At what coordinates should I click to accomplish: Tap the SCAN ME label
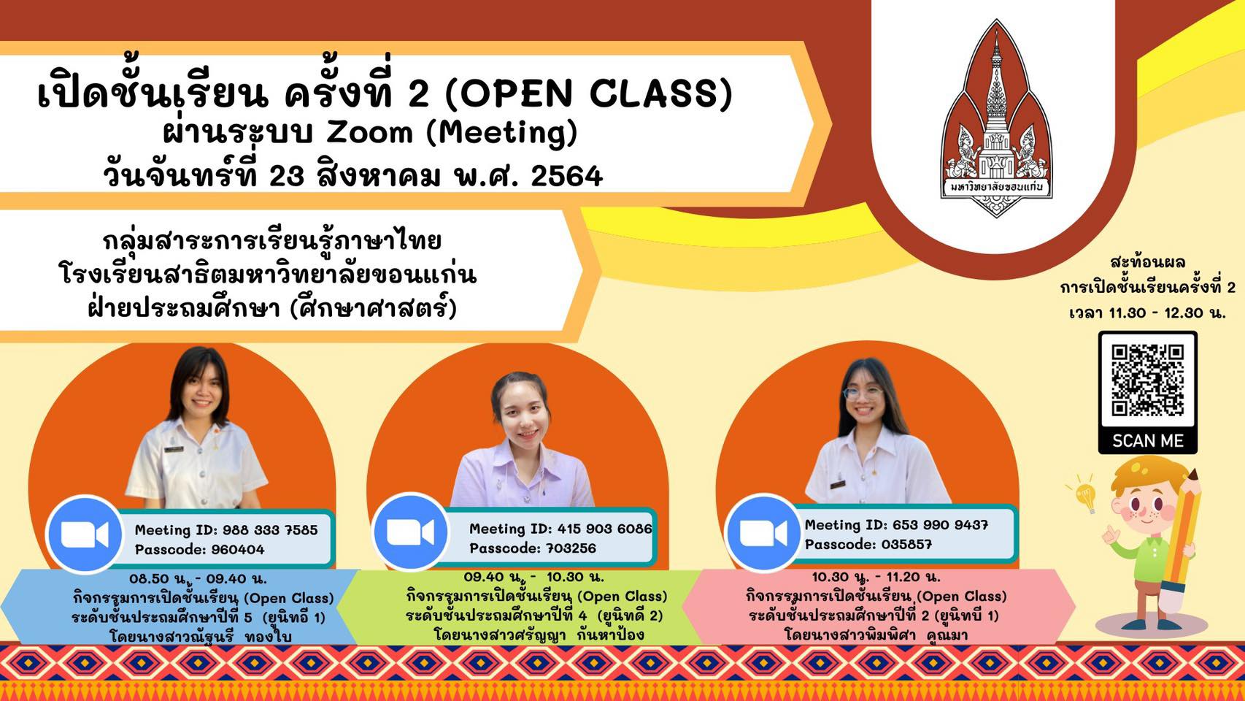pyautogui.click(x=1148, y=441)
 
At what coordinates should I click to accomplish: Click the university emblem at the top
pyautogui.click(x=996, y=118)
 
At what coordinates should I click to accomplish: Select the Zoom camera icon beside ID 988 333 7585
pyautogui.click(x=85, y=534)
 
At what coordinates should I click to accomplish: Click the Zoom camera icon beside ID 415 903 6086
pyautogui.click(x=410, y=532)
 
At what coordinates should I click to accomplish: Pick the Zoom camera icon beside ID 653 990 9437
pyautogui.click(x=763, y=533)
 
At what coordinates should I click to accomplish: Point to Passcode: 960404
pyautogui.click(x=199, y=550)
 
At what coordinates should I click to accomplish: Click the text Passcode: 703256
pyautogui.click(x=533, y=548)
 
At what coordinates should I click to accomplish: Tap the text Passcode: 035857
pyautogui.click(x=868, y=544)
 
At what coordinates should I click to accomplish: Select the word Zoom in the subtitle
pyautogui.click(x=369, y=134)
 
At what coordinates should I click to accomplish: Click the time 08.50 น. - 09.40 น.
pyautogui.click(x=198, y=578)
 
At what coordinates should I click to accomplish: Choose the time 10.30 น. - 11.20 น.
pyautogui.click(x=876, y=576)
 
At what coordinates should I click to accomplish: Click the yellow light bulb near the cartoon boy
pyautogui.click(x=1085, y=494)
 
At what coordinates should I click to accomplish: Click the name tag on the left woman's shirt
pyautogui.click(x=174, y=448)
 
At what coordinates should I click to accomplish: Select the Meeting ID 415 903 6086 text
pyautogui.click(x=560, y=529)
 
